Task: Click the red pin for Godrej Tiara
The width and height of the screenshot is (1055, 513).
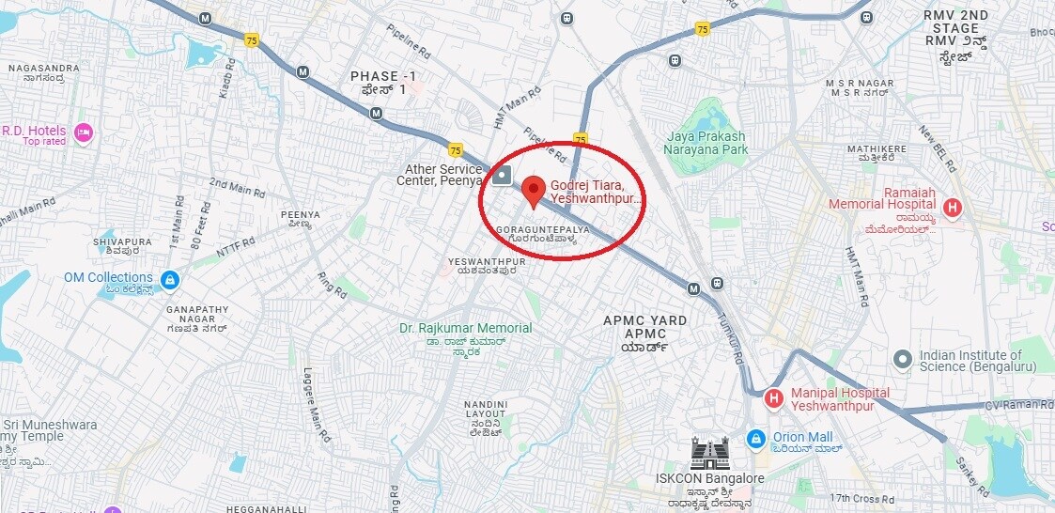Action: click(x=534, y=189)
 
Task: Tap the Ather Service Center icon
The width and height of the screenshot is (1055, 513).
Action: click(x=504, y=175)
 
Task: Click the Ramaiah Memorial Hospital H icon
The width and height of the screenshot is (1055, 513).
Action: click(x=952, y=207)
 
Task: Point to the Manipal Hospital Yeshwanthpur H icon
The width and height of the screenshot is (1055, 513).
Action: click(x=774, y=399)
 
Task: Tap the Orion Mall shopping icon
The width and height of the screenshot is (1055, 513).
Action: click(x=755, y=438)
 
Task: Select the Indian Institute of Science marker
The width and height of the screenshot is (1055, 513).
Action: click(x=903, y=358)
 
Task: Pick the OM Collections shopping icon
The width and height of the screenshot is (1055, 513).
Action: click(x=169, y=279)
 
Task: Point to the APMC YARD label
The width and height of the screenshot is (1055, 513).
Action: click(x=644, y=320)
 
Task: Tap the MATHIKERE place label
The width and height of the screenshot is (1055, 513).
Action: click(x=877, y=148)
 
